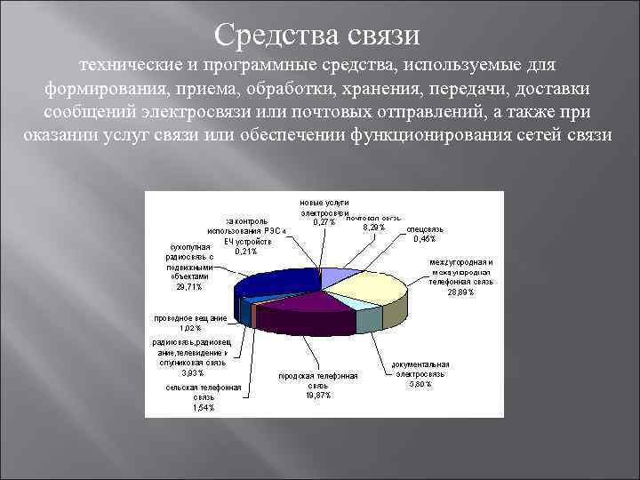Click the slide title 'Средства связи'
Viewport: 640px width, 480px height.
[316, 36]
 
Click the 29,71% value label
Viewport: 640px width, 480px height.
[188, 287]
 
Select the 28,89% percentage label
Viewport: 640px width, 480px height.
[460, 292]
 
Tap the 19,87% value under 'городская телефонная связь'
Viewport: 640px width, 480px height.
[317, 396]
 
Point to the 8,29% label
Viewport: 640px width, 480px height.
[373, 228]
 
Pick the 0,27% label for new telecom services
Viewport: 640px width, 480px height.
[324, 222]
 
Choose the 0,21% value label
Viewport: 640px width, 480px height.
[246, 252]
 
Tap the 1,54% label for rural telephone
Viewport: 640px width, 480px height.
[204, 408]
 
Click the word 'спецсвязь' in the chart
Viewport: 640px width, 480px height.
[424, 229]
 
